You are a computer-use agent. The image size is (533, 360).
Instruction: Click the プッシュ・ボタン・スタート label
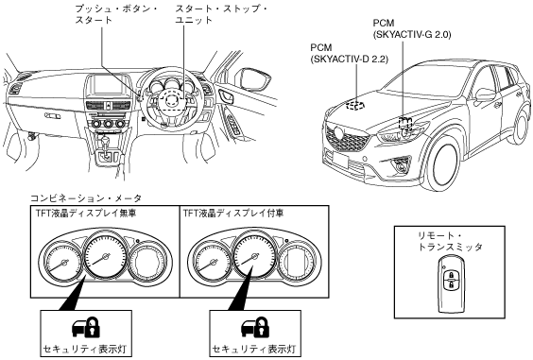pyautogui.click(x=115, y=14)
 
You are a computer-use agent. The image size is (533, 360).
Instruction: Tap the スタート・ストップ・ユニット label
pyautogui.click(x=221, y=14)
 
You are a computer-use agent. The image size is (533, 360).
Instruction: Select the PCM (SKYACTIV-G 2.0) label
pyautogui.click(x=412, y=28)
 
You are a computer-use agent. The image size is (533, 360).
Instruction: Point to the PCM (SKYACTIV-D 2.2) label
pyautogui.click(x=349, y=53)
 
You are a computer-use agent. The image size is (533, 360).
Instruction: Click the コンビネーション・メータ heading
pyautogui.click(x=86, y=198)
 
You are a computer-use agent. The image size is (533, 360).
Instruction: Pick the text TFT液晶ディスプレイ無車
pyautogui.click(x=86, y=214)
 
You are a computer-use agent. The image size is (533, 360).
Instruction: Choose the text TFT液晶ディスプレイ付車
pyautogui.click(x=233, y=214)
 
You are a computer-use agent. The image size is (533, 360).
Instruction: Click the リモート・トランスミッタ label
pyautogui.click(x=450, y=241)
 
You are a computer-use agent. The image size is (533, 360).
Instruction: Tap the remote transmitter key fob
pyautogui.click(x=451, y=285)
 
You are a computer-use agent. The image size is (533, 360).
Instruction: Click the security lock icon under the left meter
pyautogui.click(x=85, y=327)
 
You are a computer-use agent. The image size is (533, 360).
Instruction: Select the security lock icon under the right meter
pyautogui.click(x=254, y=327)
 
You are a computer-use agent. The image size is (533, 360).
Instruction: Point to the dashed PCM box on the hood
pyautogui.click(x=355, y=106)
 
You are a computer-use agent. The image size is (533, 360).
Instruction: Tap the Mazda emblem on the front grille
pyautogui.click(x=338, y=131)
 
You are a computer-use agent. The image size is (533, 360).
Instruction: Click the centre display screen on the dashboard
pyautogui.click(x=104, y=84)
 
